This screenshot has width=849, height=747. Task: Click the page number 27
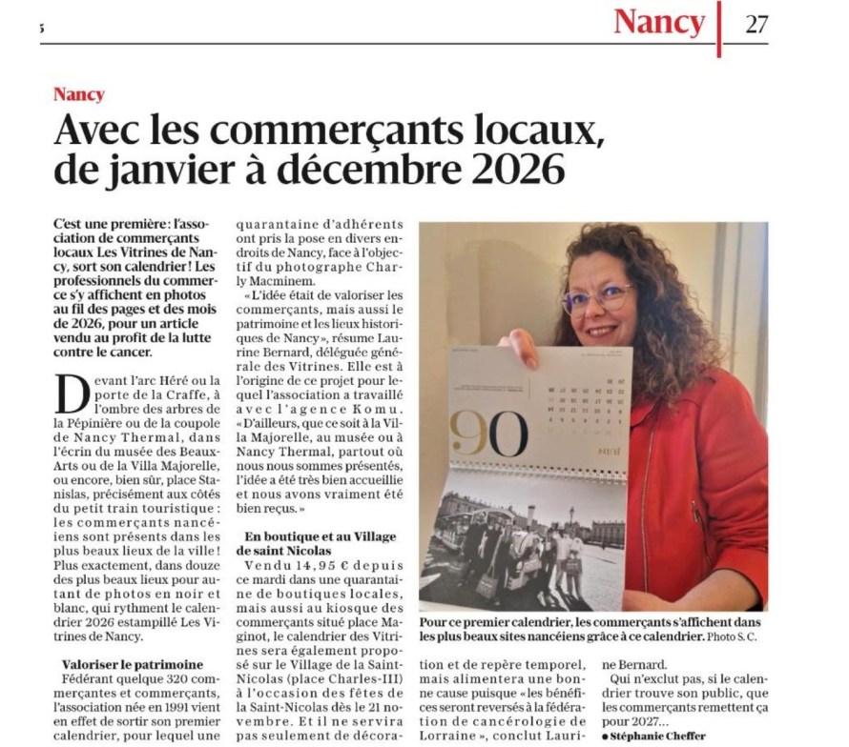coord(756,23)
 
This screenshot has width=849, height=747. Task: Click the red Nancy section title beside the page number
coord(659,22)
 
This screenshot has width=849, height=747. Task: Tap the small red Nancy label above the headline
coord(79,94)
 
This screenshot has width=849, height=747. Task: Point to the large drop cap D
coord(72,392)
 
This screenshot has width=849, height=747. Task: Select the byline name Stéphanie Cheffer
coord(658,736)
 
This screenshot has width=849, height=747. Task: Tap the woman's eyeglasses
coord(598,299)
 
